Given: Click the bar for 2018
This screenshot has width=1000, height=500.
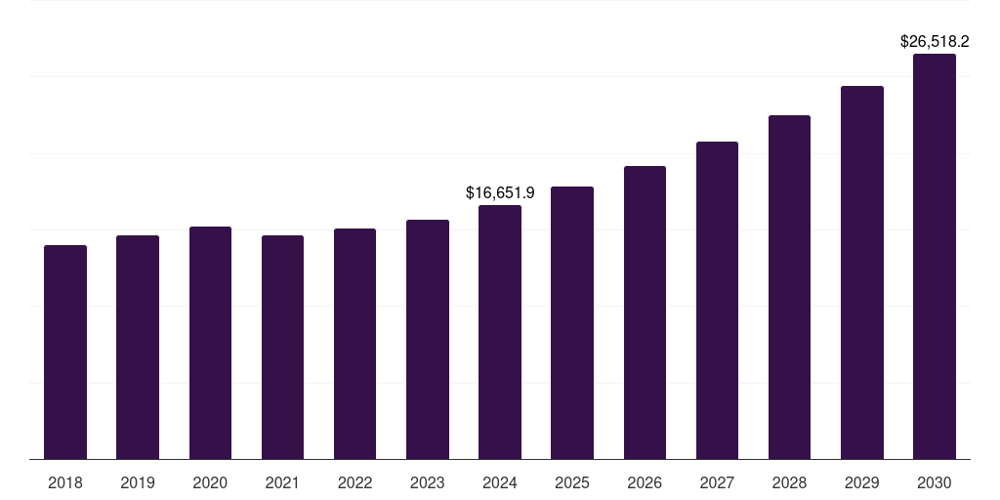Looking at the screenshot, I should point(65,352).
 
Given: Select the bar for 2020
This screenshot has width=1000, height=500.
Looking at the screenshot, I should point(210,343).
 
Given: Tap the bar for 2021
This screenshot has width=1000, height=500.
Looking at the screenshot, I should point(282,347).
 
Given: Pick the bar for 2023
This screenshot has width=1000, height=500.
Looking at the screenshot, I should point(428,339).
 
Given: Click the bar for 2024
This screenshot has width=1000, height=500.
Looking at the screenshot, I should point(500,332).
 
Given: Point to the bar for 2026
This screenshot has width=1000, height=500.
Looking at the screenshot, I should point(645,312).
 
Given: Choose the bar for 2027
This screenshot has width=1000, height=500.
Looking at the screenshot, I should point(717,300).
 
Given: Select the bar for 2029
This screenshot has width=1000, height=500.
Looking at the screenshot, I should point(862,272).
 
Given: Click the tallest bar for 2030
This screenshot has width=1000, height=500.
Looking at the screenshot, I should point(935,256).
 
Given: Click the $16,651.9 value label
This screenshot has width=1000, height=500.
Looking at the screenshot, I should point(500,193).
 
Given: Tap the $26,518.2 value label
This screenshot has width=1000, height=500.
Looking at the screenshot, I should point(935,42).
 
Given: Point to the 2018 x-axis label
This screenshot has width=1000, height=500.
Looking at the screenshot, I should point(65,482).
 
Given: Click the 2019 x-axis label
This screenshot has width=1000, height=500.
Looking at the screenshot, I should point(138,482).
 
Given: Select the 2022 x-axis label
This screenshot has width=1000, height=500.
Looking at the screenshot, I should point(354,482).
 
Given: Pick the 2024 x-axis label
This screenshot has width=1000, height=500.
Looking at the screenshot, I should point(500,482).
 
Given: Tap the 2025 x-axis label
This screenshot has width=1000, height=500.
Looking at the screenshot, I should point(572,482).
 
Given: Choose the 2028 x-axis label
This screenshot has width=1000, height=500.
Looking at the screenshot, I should point(789,482).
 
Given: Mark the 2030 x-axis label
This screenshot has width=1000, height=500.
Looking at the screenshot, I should point(935,482).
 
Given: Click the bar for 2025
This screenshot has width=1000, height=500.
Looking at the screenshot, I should point(572,322).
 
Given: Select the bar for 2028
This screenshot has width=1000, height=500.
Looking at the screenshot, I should point(789,287).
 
